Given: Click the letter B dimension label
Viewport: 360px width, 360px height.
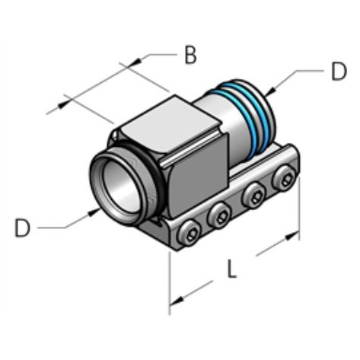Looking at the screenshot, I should click(x=190, y=55).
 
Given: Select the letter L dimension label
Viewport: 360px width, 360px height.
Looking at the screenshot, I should click(x=234, y=269).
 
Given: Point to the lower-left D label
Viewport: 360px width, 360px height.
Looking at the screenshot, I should click(x=24, y=228).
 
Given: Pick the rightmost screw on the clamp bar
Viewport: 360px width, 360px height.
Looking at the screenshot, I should click(x=285, y=179).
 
